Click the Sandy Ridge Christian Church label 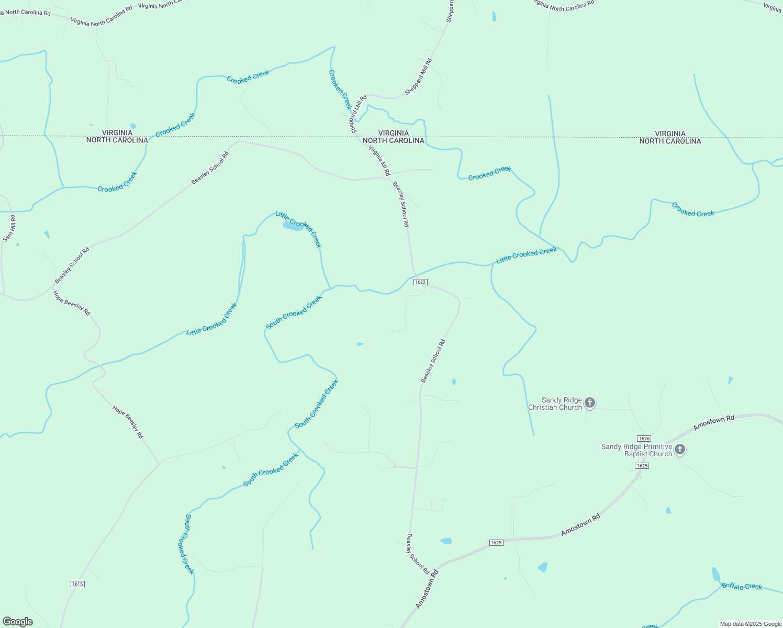point(555,403)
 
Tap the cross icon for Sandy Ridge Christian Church point(590,402)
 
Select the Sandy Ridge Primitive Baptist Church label point(636,450)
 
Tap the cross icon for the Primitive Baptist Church point(680,449)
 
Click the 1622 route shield point(420,282)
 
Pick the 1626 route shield point(644,438)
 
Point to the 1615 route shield point(77,584)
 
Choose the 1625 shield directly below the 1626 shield point(642,466)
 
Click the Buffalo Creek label point(742,586)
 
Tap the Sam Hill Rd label point(9,229)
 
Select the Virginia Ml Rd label point(379,161)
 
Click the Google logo point(17,621)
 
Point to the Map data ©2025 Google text point(750,623)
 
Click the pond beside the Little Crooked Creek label point(293,226)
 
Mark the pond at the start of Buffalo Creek point(715,574)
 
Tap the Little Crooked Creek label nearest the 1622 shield point(526,255)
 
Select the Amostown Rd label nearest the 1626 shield point(714,422)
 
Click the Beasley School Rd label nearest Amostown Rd point(418,554)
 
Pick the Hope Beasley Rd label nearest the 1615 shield point(128,421)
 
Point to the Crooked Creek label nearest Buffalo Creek point(692,210)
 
